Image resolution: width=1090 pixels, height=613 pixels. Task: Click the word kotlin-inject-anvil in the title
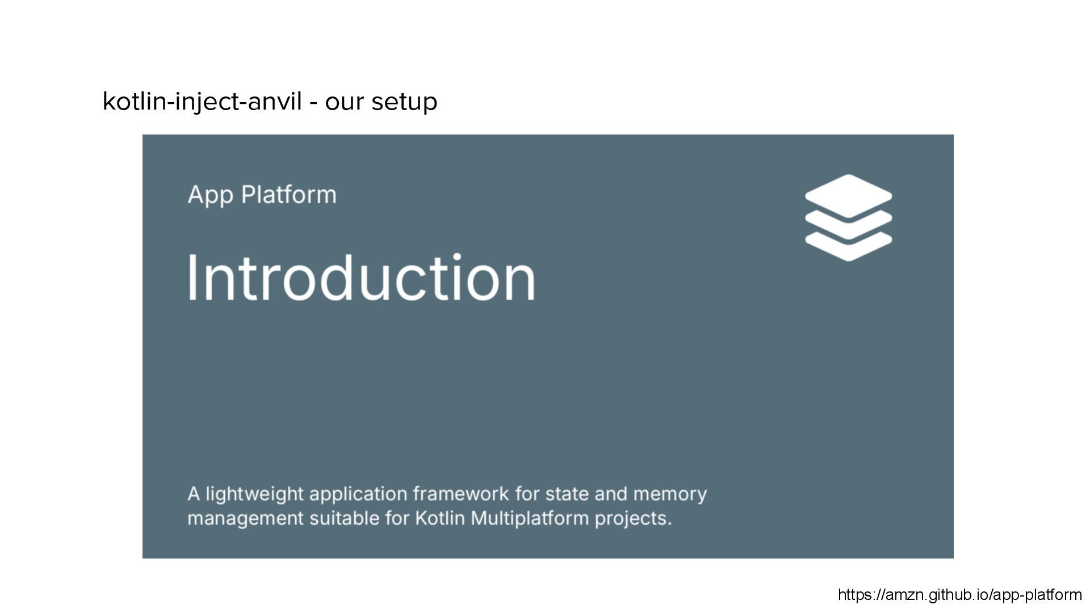click(202, 102)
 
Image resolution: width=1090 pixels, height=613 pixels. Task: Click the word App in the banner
click(210, 195)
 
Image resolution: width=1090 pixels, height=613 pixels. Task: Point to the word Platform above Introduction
click(289, 195)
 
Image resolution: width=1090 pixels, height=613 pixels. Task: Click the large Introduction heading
click(361, 278)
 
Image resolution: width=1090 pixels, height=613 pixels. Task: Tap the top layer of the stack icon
click(848, 195)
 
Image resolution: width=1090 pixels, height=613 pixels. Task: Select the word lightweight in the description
click(254, 494)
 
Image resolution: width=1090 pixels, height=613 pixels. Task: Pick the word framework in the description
click(460, 494)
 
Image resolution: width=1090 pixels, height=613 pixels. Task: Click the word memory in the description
click(670, 494)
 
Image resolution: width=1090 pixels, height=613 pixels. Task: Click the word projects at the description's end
click(633, 519)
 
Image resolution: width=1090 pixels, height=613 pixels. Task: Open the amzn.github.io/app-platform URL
click(959, 595)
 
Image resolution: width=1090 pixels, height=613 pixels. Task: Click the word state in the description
click(567, 494)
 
